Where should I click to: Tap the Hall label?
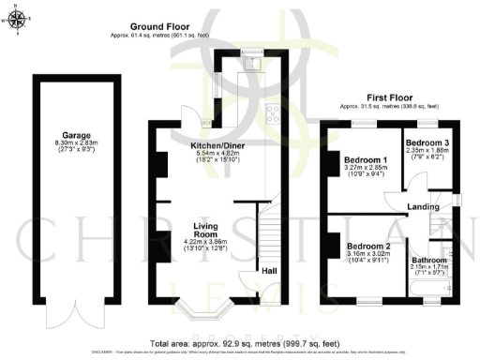click(268, 269)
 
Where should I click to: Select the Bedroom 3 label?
click(427, 142)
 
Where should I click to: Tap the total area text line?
click(240, 344)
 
